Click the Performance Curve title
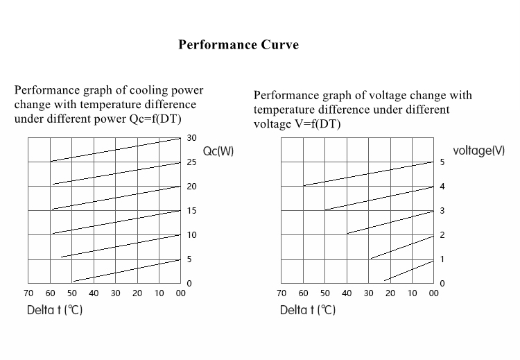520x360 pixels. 239,45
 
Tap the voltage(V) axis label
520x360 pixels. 478,151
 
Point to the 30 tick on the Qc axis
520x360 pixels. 192,138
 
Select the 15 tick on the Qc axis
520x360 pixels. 192,211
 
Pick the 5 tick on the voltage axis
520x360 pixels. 442,162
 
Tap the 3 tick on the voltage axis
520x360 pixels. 442,211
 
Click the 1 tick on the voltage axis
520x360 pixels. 442,259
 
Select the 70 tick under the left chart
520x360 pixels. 28,293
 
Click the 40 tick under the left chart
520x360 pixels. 94,293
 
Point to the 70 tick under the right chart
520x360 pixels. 281,293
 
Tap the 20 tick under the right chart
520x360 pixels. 390,293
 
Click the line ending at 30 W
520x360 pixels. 115,150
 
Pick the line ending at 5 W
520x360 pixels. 126,271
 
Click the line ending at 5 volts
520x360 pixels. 368,174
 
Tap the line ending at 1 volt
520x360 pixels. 409,271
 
